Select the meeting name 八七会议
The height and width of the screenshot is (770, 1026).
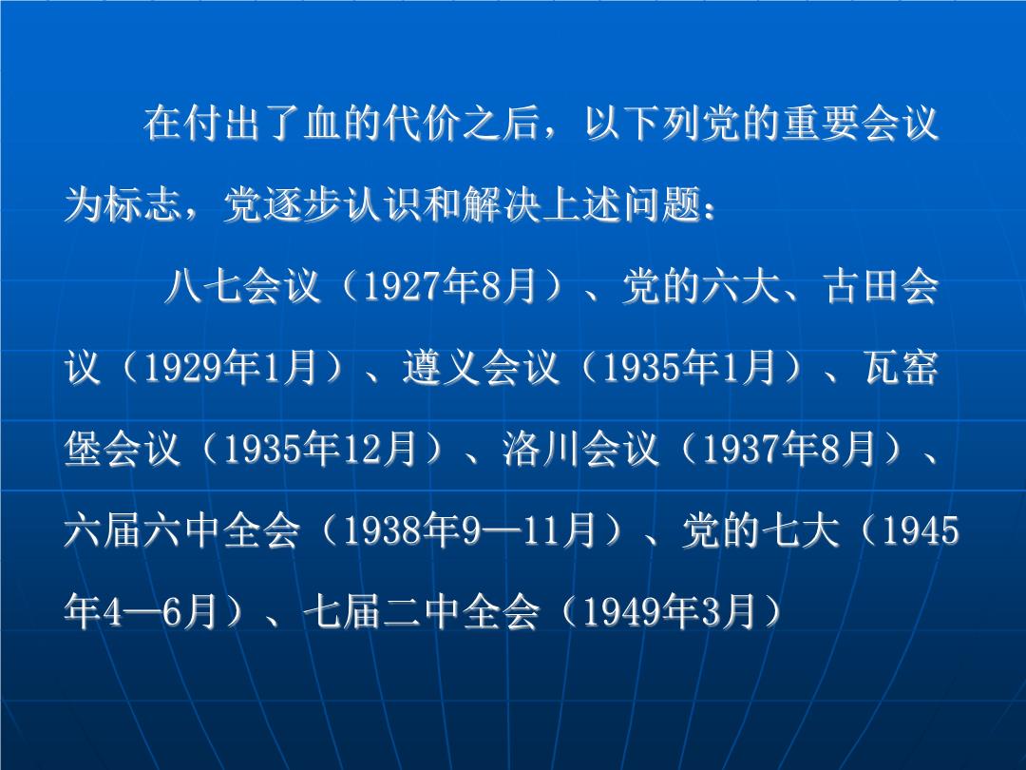tap(242, 287)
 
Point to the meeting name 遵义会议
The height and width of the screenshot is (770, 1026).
tap(482, 368)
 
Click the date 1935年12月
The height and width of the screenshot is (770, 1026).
tap(320, 449)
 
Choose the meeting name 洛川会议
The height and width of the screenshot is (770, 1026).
tap(580, 449)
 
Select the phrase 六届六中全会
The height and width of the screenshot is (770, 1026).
tap(181, 530)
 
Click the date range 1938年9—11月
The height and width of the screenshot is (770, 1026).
tap(469, 530)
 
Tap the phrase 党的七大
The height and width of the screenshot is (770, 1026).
tap(760, 530)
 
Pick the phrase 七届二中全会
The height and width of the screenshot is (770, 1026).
tap(422, 611)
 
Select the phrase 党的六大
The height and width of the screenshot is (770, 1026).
tap(700, 287)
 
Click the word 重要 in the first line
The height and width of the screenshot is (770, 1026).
tap(821, 123)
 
